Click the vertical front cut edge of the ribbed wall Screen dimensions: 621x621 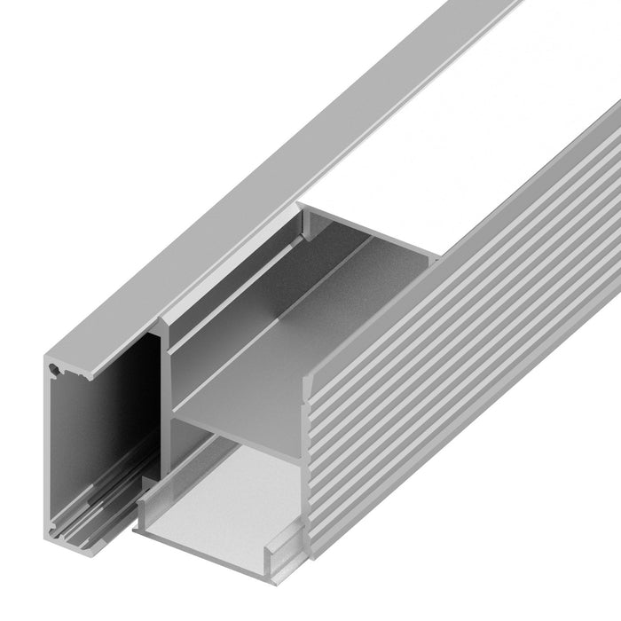point(310,461)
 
